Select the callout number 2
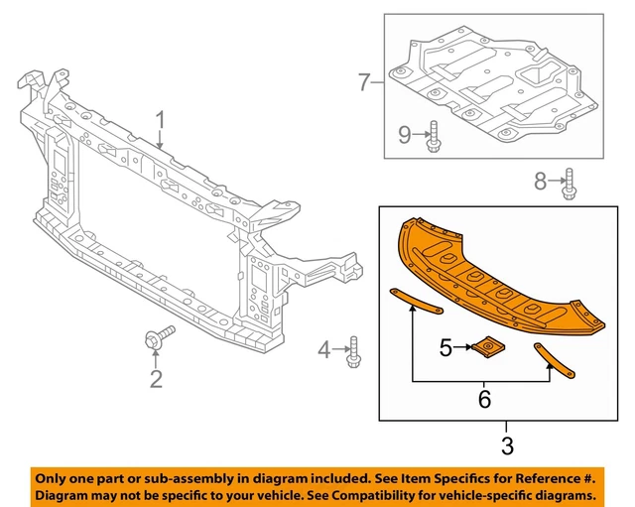tap(156, 377)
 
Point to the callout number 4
tap(323, 349)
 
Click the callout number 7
tap(364, 82)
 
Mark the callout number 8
tap(541, 181)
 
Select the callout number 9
tap(405, 134)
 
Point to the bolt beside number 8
tap(571, 184)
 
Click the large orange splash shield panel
tap(496, 268)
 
